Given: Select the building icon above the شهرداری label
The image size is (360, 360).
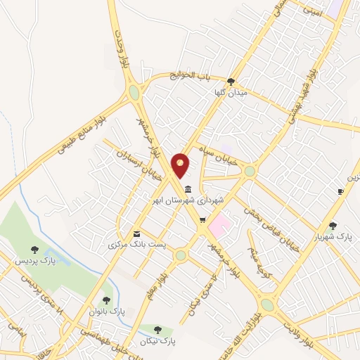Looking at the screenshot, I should [x=188, y=189].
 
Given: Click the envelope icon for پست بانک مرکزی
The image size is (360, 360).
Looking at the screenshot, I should [x=136, y=233].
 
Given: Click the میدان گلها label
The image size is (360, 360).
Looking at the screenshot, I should [x=231, y=92].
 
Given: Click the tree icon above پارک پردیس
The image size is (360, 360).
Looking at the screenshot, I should [x=34, y=249].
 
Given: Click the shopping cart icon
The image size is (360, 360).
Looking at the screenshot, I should [x=202, y=221].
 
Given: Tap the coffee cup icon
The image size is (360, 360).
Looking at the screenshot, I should [x=340, y=191].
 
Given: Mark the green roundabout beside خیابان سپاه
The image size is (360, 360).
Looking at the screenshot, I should [x=250, y=171].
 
